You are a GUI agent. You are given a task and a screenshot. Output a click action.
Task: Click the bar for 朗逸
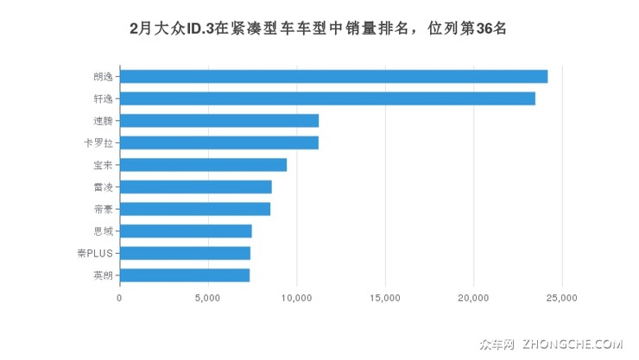[x=333, y=76]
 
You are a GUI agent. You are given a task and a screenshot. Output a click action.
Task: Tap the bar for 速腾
[x=219, y=121]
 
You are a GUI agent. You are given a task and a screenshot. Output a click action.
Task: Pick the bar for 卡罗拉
[x=219, y=142]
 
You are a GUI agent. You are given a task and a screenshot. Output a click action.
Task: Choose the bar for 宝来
[x=203, y=165]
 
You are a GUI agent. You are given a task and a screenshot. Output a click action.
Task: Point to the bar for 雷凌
[x=195, y=186]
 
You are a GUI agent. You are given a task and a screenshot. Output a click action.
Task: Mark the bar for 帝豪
[x=195, y=209]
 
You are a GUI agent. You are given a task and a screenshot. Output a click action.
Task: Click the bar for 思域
[x=186, y=231]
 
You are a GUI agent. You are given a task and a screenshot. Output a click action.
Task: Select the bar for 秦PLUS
[x=185, y=253]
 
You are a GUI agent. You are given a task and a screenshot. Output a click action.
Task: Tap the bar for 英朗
[x=185, y=275]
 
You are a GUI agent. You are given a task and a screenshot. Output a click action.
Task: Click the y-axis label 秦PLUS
[x=94, y=253]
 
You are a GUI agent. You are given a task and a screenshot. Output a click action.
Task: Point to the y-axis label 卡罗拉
[x=98, y=142]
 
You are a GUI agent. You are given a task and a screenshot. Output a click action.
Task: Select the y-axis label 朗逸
[x=102, y=76]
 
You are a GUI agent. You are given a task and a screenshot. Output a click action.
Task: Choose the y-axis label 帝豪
[x=102, y=209]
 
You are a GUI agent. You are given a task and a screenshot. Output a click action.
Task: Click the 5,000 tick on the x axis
[x=208, y=298]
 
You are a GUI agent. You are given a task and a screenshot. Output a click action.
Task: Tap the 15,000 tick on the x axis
[x=385, y=298]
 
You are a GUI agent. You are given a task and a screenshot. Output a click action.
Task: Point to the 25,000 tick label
[x=562, y=298]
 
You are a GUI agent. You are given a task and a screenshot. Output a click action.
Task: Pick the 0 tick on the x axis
[x=119, y=298]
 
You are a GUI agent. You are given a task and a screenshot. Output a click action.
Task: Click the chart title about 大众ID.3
[x=318, y=28]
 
